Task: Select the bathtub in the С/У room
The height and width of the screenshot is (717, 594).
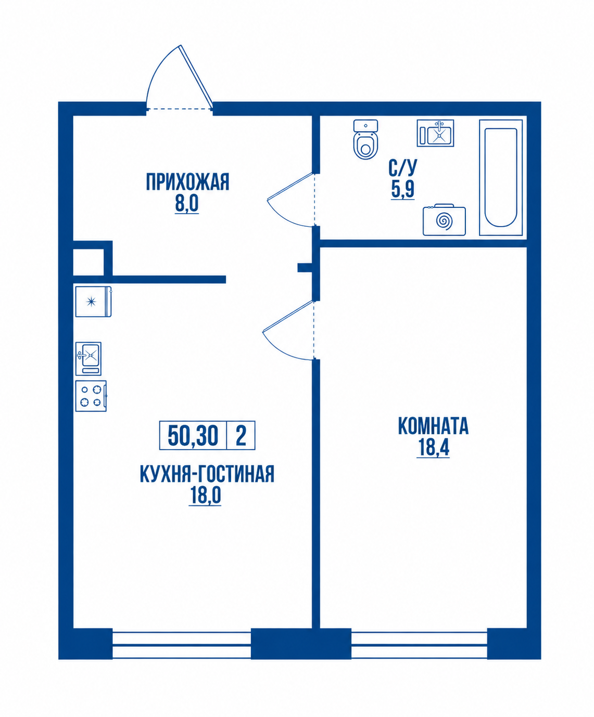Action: [x=501, y=177]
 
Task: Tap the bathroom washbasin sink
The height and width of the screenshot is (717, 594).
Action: [x=435, y=133]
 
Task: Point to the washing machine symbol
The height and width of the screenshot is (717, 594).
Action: [x=444, y=220]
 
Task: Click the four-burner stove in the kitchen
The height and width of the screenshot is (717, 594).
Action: [x=91, y=396]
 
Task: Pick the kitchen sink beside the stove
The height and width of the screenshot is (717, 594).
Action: [x=89, y=359]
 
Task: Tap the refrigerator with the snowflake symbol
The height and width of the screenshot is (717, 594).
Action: [x=94, y=302]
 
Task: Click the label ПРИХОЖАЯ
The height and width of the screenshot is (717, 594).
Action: [x=187, y=182]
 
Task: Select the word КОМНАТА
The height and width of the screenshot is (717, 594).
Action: [x=433, y=426]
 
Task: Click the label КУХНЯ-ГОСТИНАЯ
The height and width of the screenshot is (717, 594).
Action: [x=207, y=474]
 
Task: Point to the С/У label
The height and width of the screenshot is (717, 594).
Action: [x=403, y=167]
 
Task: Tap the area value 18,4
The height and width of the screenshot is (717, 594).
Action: [x=433, y=448]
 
